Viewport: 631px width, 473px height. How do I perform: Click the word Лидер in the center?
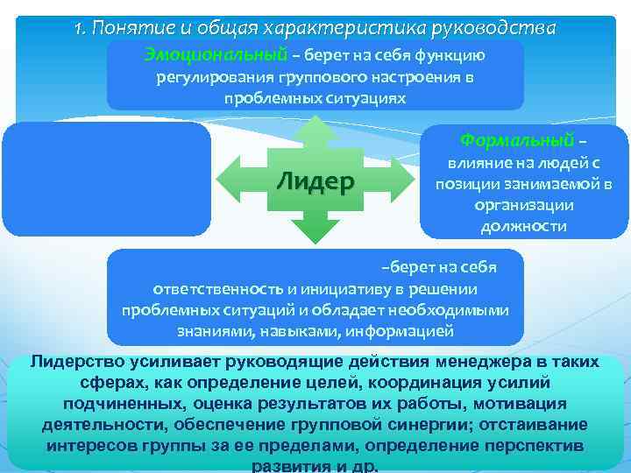pos(315,182)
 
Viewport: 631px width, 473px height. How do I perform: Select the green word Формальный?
pos(517,140)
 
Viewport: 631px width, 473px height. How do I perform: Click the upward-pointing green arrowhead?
pos(316,127)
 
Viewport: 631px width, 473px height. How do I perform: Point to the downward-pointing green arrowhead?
pos(316,234)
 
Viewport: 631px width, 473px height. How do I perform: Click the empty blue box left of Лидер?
pos(107,180)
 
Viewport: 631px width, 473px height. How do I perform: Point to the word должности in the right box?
pos(523,227)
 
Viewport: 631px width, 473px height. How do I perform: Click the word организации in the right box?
pos(524,206)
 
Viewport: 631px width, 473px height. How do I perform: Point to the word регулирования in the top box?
pos(209,77)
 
